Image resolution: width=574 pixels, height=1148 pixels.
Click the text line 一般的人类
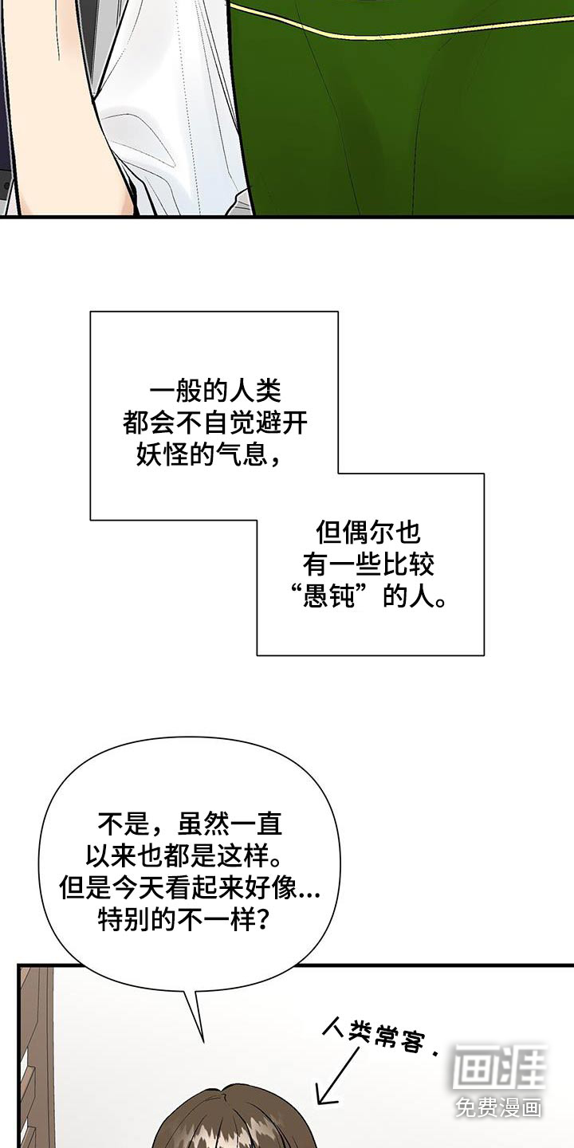215,392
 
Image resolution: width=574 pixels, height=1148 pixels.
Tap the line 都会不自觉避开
215,424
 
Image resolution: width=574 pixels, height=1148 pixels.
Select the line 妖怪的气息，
204,456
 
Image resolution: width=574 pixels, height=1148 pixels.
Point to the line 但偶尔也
368,533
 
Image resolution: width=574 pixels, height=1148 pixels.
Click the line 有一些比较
368,565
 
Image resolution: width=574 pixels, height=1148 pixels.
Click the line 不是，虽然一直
190,822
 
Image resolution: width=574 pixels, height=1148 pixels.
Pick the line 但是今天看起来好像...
177,887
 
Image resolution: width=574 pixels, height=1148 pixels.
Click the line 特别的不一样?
182,920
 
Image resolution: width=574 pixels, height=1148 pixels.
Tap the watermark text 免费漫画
498,1107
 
